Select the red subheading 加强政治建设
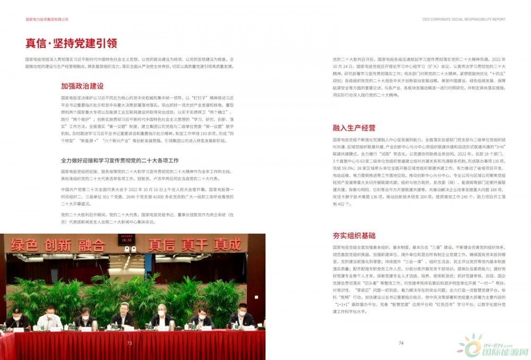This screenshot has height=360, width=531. coord(82,85)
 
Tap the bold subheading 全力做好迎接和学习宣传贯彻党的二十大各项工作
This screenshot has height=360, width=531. coord(119,160)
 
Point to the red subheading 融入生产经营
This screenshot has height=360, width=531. coord(354,128)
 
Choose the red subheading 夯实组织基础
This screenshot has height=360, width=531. coord(354,235)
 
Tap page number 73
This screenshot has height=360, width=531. coord(129,343)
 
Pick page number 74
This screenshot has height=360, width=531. coord(401,343)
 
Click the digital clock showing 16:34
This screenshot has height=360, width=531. coord(126,240)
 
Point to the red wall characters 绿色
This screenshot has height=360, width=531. coord(23,245)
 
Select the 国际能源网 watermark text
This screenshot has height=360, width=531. coord(504,352)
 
